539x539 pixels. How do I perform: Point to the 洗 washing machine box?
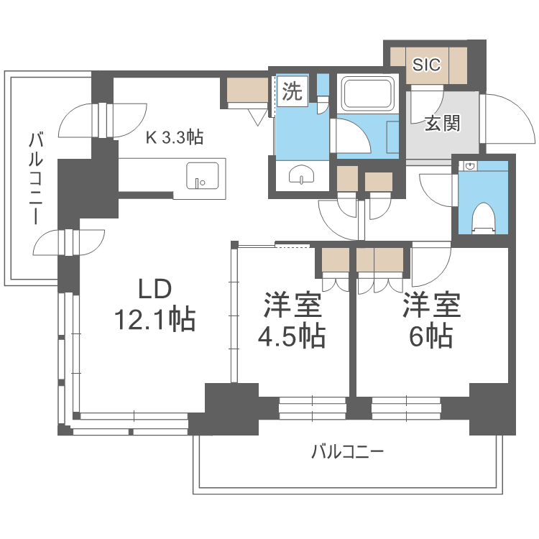292,91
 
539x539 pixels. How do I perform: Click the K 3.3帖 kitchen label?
175,137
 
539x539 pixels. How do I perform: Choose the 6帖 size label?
430,336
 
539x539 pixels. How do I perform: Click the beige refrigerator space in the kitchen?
247,90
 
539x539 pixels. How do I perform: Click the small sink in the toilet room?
471,167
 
